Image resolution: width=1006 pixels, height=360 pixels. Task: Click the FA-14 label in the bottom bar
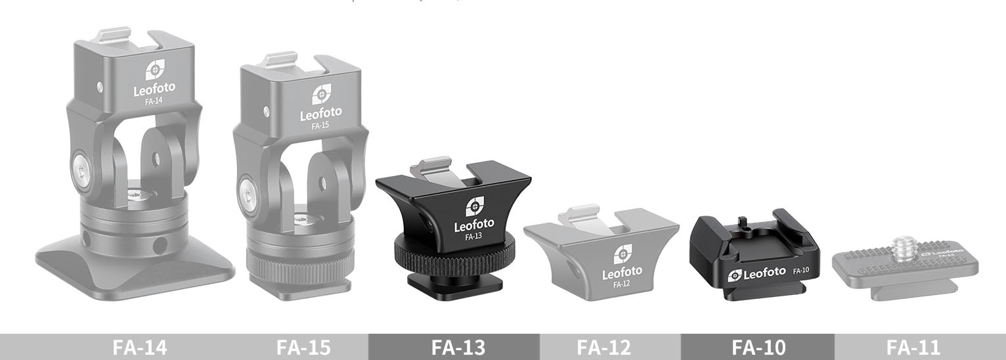coord(139,347)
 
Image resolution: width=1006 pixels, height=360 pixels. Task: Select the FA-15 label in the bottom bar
coord(303,347)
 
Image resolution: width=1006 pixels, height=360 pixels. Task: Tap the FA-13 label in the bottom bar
coord(458,347)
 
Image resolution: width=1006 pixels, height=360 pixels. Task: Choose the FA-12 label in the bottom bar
coord(604,347)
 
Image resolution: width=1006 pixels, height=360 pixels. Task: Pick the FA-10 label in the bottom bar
coord(758,347)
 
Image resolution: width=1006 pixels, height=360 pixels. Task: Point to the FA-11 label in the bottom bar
coord(913,347)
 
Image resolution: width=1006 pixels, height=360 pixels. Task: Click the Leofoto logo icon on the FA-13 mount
coord(475,206)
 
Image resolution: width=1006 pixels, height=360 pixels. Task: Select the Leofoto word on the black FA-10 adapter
coord(760,273)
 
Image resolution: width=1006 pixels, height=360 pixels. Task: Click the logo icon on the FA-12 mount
coord(621,254)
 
